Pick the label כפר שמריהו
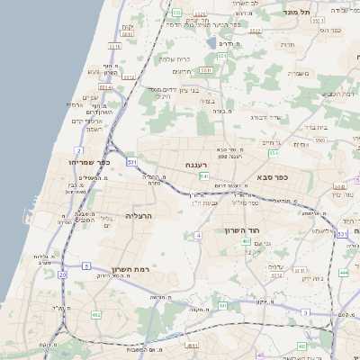pyautogui.click(x=94, y=163)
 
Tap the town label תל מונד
pyautogui.click(x=299, y=12)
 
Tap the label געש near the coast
pyautogui.click(x=93, y=71)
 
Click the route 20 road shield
pyautogui.click(x=62, y=274)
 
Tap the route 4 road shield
pyautogui.click(x=196, y=235)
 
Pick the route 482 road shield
pyautogui.click(x=96, y=315)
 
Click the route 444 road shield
pyautogui.click(x=344, y=271)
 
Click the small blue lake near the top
pyautogui.click(x=211, y=42)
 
